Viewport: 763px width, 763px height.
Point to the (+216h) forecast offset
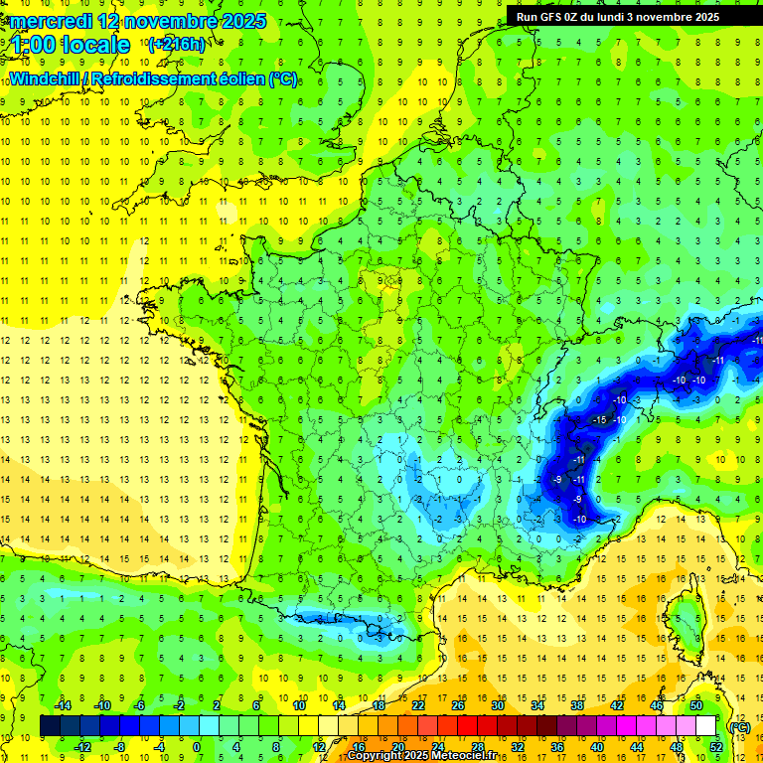point(176,44)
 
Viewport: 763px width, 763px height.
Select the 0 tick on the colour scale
point(197,746)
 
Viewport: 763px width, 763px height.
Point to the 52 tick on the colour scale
point(715,746)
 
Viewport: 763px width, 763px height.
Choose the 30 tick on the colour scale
point(497,705)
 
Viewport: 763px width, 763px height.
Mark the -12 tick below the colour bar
point(83,746)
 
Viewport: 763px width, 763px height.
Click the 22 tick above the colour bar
point(418,705)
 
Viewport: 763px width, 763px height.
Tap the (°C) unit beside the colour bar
point(739,726)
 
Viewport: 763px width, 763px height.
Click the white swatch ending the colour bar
point(705,726)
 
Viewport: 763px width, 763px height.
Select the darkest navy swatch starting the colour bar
point(50,726)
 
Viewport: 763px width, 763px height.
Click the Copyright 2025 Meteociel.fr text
point(422,756)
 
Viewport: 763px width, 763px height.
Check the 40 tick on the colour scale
point(596,746)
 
